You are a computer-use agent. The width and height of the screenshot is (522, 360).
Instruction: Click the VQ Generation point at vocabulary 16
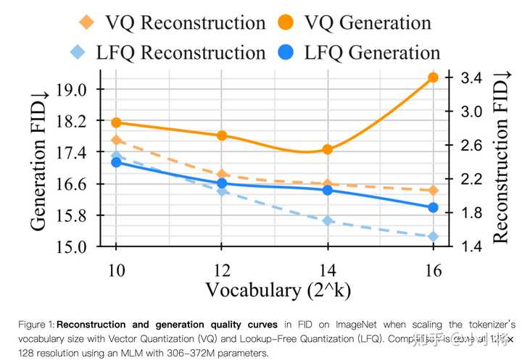tap(433, 78)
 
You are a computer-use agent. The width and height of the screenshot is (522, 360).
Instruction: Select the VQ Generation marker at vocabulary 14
tap(327, 149)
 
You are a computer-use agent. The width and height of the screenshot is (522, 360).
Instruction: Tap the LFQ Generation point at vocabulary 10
tap(116, 162)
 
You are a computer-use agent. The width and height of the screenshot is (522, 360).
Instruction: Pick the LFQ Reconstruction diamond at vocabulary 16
tap(433, 236)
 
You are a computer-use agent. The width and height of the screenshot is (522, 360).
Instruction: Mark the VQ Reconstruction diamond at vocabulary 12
tap(222, 175)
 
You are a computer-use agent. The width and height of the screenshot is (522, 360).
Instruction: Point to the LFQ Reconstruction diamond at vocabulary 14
tap(327, 220)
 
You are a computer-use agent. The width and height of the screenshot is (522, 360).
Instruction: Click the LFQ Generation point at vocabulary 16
tap(433, 207)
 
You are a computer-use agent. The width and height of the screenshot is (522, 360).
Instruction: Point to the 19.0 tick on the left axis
tap(86, 90)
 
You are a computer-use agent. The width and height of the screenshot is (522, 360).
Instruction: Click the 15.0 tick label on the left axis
tap(86, 247)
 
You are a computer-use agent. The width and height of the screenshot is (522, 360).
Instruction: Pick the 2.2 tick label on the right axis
tap(468, 179)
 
